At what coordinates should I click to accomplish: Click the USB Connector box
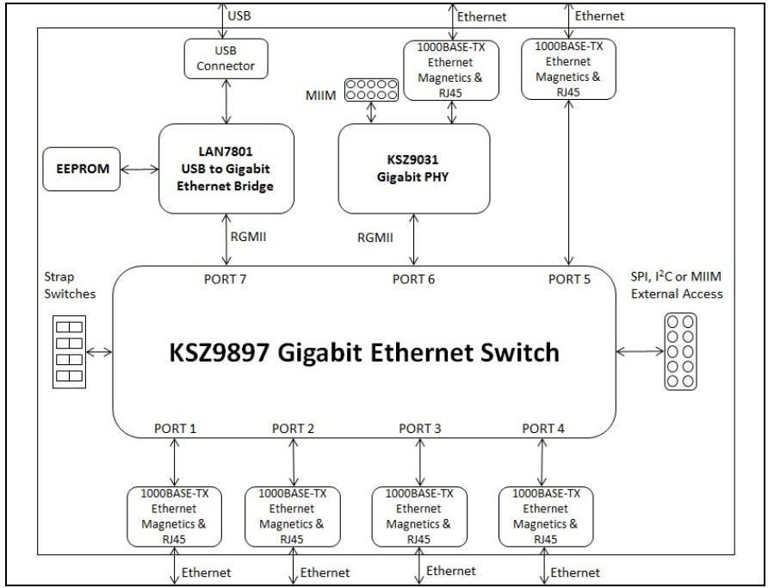226,56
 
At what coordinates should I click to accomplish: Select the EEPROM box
83,169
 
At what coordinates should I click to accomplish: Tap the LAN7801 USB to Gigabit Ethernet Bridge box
226,169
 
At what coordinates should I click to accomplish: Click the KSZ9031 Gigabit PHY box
413,169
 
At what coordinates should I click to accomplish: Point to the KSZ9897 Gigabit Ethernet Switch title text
365,353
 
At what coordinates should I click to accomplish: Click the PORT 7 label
226,279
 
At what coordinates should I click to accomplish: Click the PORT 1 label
176,428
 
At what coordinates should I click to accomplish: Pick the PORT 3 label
420,428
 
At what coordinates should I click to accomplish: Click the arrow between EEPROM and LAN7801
139,169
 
